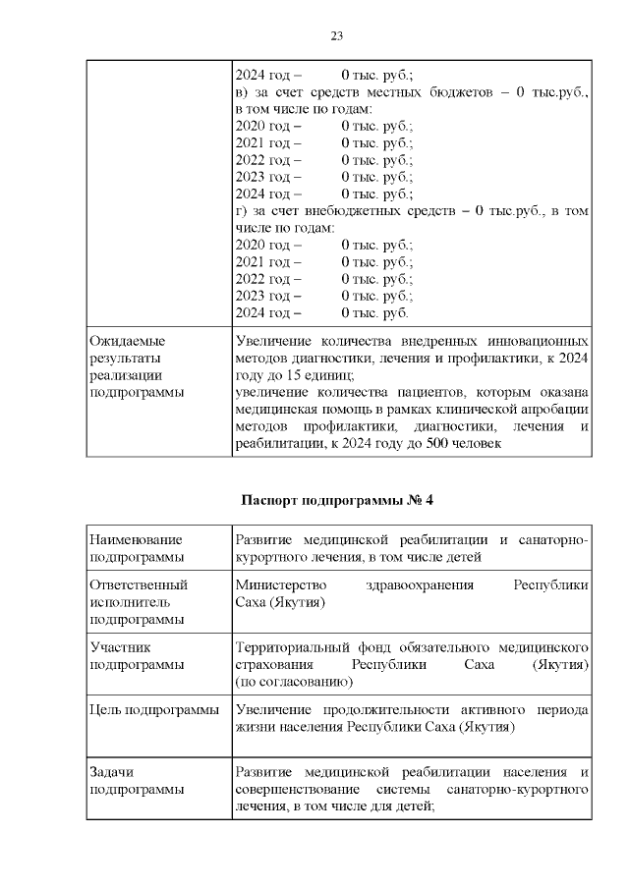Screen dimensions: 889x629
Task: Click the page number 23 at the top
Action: pyautogui.click(x=336, y=36)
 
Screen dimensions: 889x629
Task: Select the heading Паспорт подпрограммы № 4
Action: pyautogui.click(x=337, y=499)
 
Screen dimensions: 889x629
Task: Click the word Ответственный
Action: pyautogui.click(x=138, y=584)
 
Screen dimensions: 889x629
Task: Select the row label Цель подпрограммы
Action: pyautogui.click(x=153, y=709)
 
